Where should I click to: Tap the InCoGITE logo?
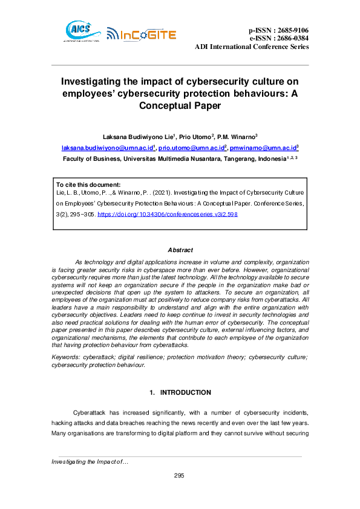click(141, 34)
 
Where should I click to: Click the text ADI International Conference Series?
click(251, 47)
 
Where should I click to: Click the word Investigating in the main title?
click(99, 81)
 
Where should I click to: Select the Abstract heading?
click(180, 250)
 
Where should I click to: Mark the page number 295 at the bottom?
click(179, 476)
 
